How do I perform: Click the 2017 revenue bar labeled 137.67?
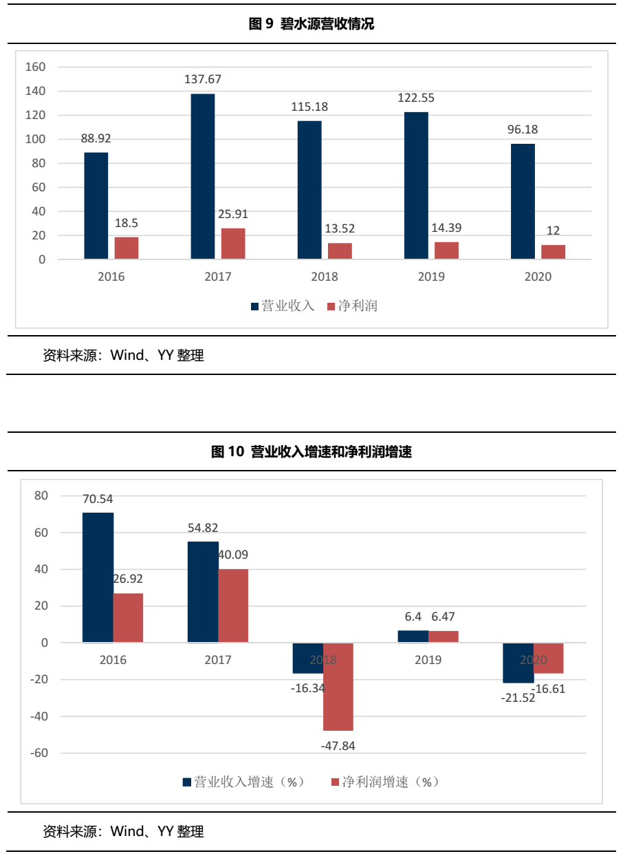click(203, 176)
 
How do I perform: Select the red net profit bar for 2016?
click(127, 248)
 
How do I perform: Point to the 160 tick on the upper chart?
click(35, 67)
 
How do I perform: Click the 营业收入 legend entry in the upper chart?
click(282, 306)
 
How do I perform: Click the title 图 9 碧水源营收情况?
click(311, 25)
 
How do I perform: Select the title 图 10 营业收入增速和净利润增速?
click(311, 452)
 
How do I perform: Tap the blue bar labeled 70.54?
click(98, 577)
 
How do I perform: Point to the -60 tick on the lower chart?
click(39, 753)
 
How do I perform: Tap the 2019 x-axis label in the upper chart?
click(430, 277)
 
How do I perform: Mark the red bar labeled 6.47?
click(444, 636)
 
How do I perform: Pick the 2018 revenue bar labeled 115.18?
click(309, 190)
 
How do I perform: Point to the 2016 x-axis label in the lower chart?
click(113, 660)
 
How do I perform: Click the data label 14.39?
click(446, 228)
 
